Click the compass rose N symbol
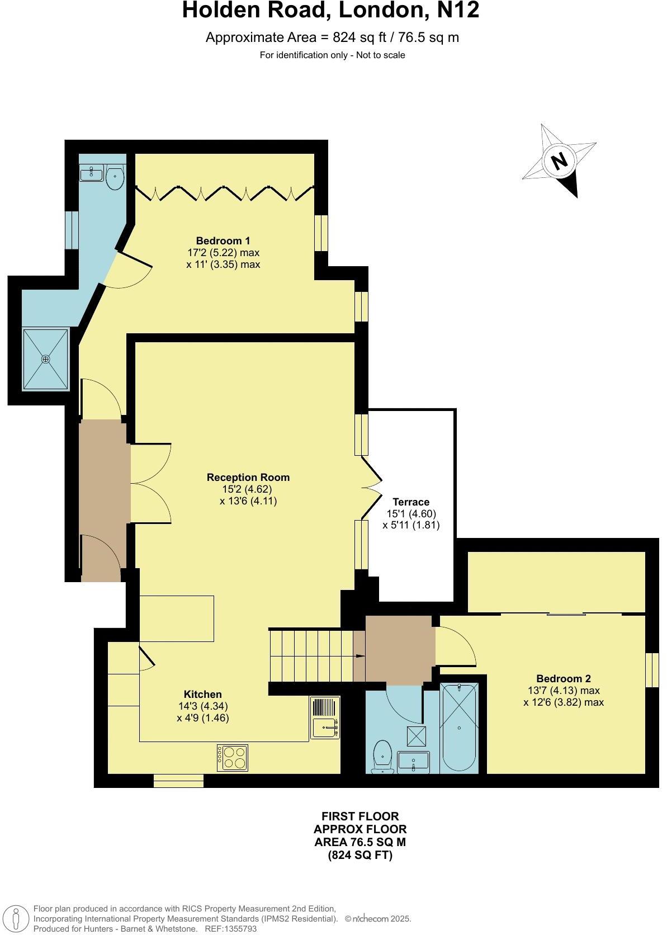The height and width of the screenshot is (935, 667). point(559,161)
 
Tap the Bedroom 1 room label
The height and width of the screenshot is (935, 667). point(223,240)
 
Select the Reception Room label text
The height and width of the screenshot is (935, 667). point(248,477)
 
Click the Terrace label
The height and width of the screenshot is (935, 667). point(410,502)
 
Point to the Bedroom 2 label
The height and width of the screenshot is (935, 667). point(563,678)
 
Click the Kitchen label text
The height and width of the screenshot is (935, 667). point(203,694)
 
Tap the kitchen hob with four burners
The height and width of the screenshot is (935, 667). point(233,758)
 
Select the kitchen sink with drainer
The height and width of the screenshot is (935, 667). point(325,717)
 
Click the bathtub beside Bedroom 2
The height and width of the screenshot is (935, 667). point(458,727)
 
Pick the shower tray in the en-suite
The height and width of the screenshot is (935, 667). point(46,358)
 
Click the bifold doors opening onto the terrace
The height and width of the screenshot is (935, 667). point(371,485)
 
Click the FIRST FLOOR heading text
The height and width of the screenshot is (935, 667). point(359,816)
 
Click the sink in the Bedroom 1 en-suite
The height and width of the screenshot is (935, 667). point(91,174)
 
